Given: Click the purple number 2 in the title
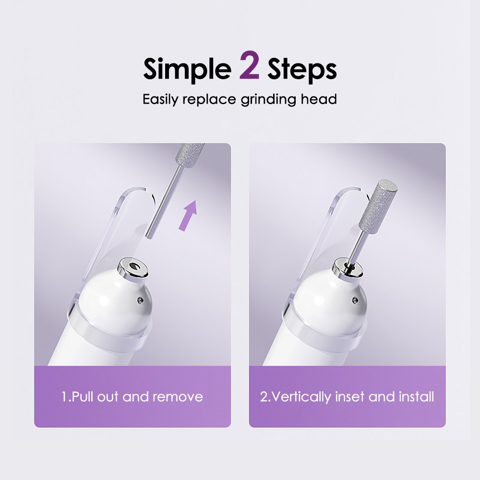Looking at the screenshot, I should pos(249,68).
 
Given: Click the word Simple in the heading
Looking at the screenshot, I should pos(187,70).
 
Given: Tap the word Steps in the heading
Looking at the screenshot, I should pos(302,70).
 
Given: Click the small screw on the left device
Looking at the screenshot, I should pos(140,300).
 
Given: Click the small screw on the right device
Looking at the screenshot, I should pos(355,300).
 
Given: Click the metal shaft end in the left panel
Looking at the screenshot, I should pos(150,233).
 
